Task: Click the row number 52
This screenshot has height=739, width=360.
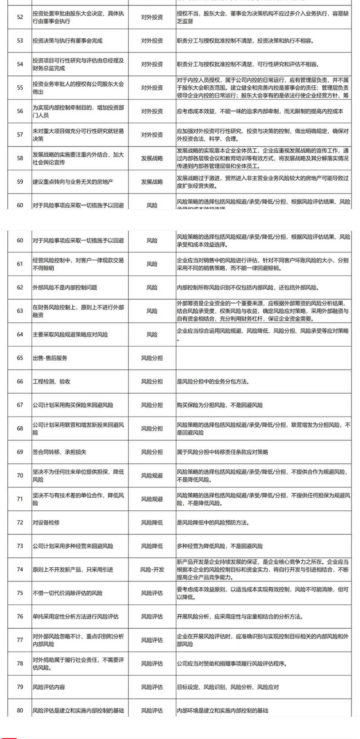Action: (x=20, y=17)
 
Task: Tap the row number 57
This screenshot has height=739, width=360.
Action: (x=20, y=135)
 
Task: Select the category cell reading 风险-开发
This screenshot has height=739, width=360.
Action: (x=152, y=569)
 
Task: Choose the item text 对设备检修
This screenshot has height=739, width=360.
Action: (x=46, y=522)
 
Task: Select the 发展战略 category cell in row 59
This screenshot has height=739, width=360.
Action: (x=152, y=182)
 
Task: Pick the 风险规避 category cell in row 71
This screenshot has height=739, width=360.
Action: (x=152, y=499)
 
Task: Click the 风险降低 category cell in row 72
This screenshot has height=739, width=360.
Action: (x=152, y=522)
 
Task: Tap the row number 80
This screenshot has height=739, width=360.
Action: (x=20, y=710)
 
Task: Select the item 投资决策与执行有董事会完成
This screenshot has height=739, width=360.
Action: (x=67, y=41)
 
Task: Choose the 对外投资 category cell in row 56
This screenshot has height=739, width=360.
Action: (x=152, y=111)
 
